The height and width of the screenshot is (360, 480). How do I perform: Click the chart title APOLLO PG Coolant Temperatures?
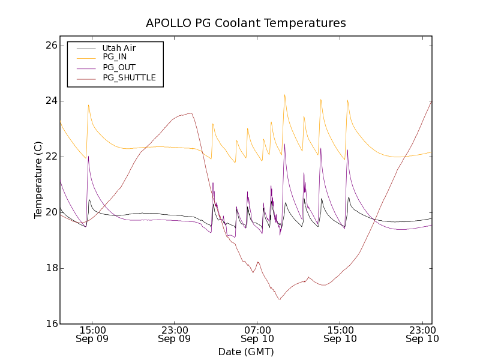pyautogui.click(x=246, y=23)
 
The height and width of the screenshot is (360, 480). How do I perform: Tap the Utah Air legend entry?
pyautogui.click(x=119, y=48)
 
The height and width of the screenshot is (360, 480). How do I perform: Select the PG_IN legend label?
pyautogui.click(x=115, y=57)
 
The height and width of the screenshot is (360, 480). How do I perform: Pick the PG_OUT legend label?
pyautogui.click(x=119, y=67)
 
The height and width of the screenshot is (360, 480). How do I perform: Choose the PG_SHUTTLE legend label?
pyautogui.click(x=129, y=77)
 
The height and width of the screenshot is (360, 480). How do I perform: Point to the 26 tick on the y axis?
pyautogui.click(x=51, y=45)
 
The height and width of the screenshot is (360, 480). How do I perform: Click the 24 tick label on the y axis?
pyautogui.click(x=51, y=101)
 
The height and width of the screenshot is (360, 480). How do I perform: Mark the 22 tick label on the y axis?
pyautogui.click(x=51, y=157)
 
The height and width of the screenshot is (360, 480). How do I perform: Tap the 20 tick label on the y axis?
pyautogui.click(x=51, y=212)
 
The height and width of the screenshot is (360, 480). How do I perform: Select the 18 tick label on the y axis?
pyautogui.click(x=51, y=268)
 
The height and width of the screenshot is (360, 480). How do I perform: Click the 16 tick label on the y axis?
pyautogui.click(x=51, y=324)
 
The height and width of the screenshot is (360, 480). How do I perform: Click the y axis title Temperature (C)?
pyautogui.click(x=38, y=180)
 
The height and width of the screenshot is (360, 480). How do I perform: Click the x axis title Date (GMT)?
pyautogui.click(x=246, y=352)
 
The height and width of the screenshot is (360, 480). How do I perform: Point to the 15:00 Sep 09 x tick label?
pyautogui.click(x=92, y=334)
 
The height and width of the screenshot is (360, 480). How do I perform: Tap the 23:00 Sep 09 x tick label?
pyautogui.click(x=175, y=334)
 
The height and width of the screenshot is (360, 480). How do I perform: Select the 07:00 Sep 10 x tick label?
pyautogui.click(x=257, y=334)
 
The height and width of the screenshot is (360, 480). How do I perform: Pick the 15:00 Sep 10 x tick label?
pyautogui.click(x=340, y=334)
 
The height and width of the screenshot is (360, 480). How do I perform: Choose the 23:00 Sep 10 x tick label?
pyautogui.click(x=422, y=334)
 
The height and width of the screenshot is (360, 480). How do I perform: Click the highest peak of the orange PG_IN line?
pyautogui.click(x=284, y=94)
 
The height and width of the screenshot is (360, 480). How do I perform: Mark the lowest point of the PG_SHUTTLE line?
pyautogui.click(x=279, y=299)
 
